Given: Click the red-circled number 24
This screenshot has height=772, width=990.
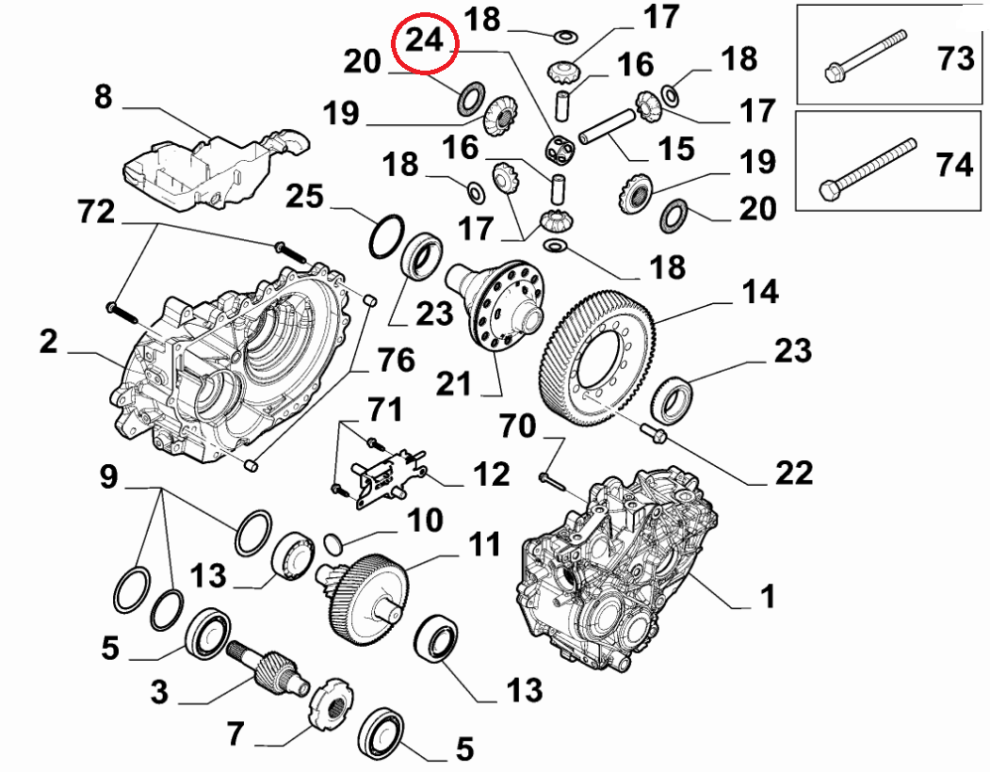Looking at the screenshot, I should [424, 41].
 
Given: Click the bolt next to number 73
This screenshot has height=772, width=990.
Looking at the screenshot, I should [865, 54].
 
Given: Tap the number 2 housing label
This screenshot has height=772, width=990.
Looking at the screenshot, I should [48, 342].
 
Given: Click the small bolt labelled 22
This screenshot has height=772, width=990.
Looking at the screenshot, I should [653, 433].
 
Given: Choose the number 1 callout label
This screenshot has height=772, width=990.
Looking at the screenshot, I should [768, 596].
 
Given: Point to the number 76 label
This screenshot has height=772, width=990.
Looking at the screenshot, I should [397, 360].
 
